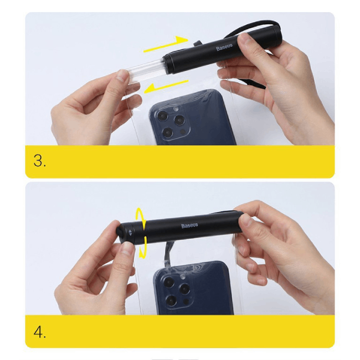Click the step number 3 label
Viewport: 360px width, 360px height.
[x=39, y=161]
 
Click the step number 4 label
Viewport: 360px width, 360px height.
[x=39, y=332]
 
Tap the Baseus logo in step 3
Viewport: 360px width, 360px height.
[x=227, y=47]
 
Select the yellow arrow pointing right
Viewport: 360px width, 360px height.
[x=166, y=44]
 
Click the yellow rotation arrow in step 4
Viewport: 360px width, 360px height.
[x=142, y=233]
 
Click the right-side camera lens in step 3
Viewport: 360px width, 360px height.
[x=181, y=120]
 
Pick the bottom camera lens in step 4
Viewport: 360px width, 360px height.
[x=172, y=301]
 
